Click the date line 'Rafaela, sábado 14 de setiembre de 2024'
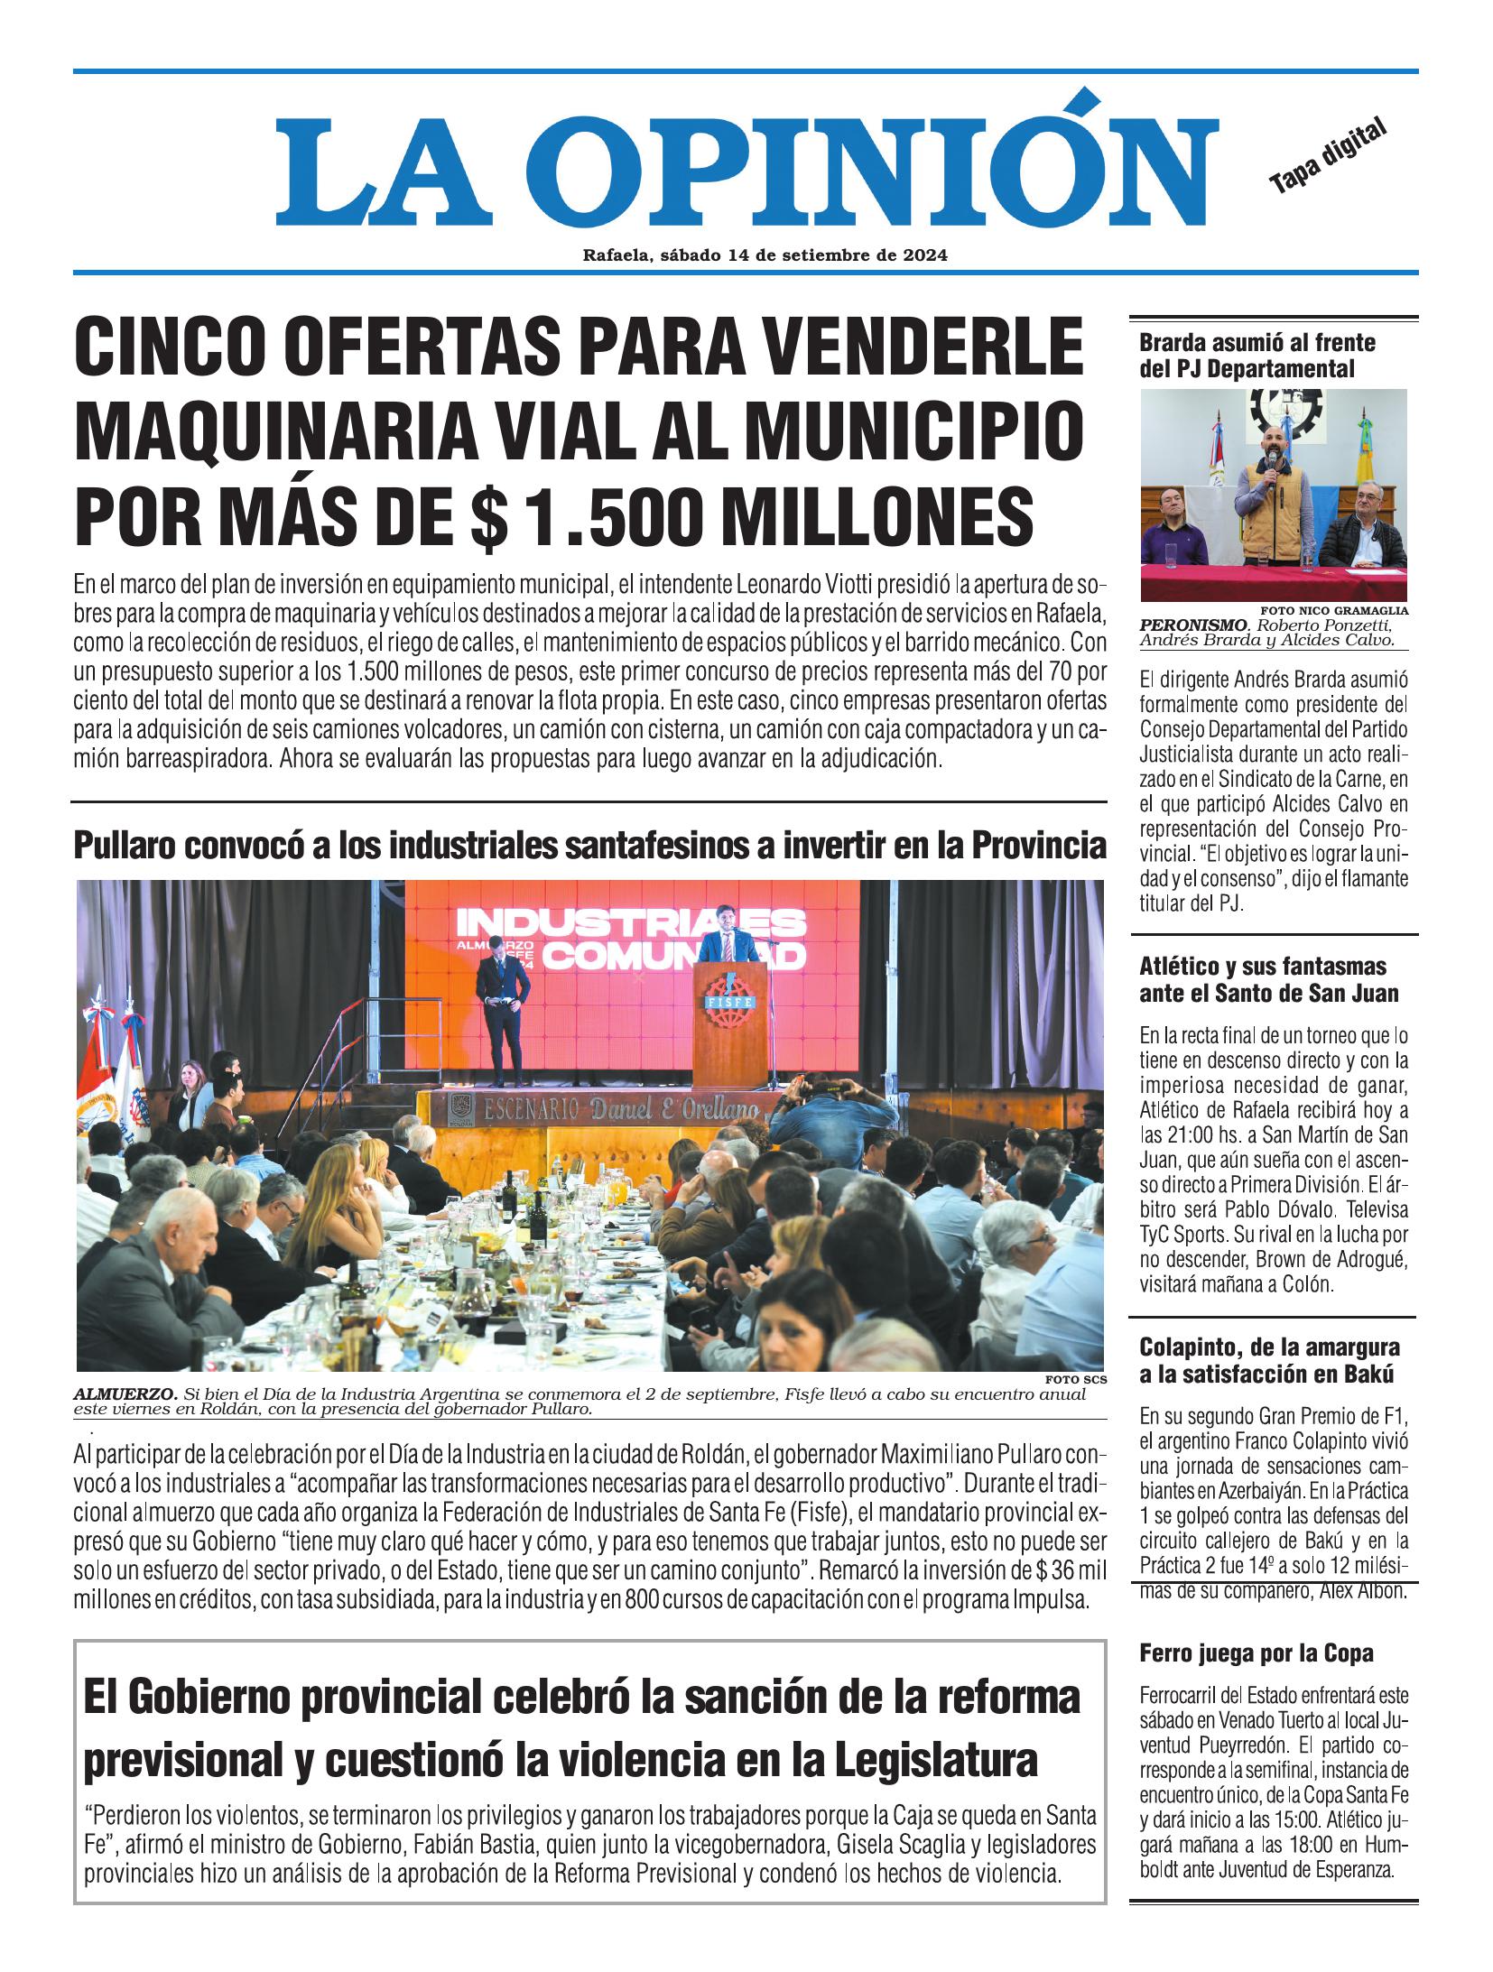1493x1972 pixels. coord(764,255)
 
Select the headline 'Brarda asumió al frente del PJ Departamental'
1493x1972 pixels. coord(1257,356)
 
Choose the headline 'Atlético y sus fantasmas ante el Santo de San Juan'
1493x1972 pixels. coord(1269,980)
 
